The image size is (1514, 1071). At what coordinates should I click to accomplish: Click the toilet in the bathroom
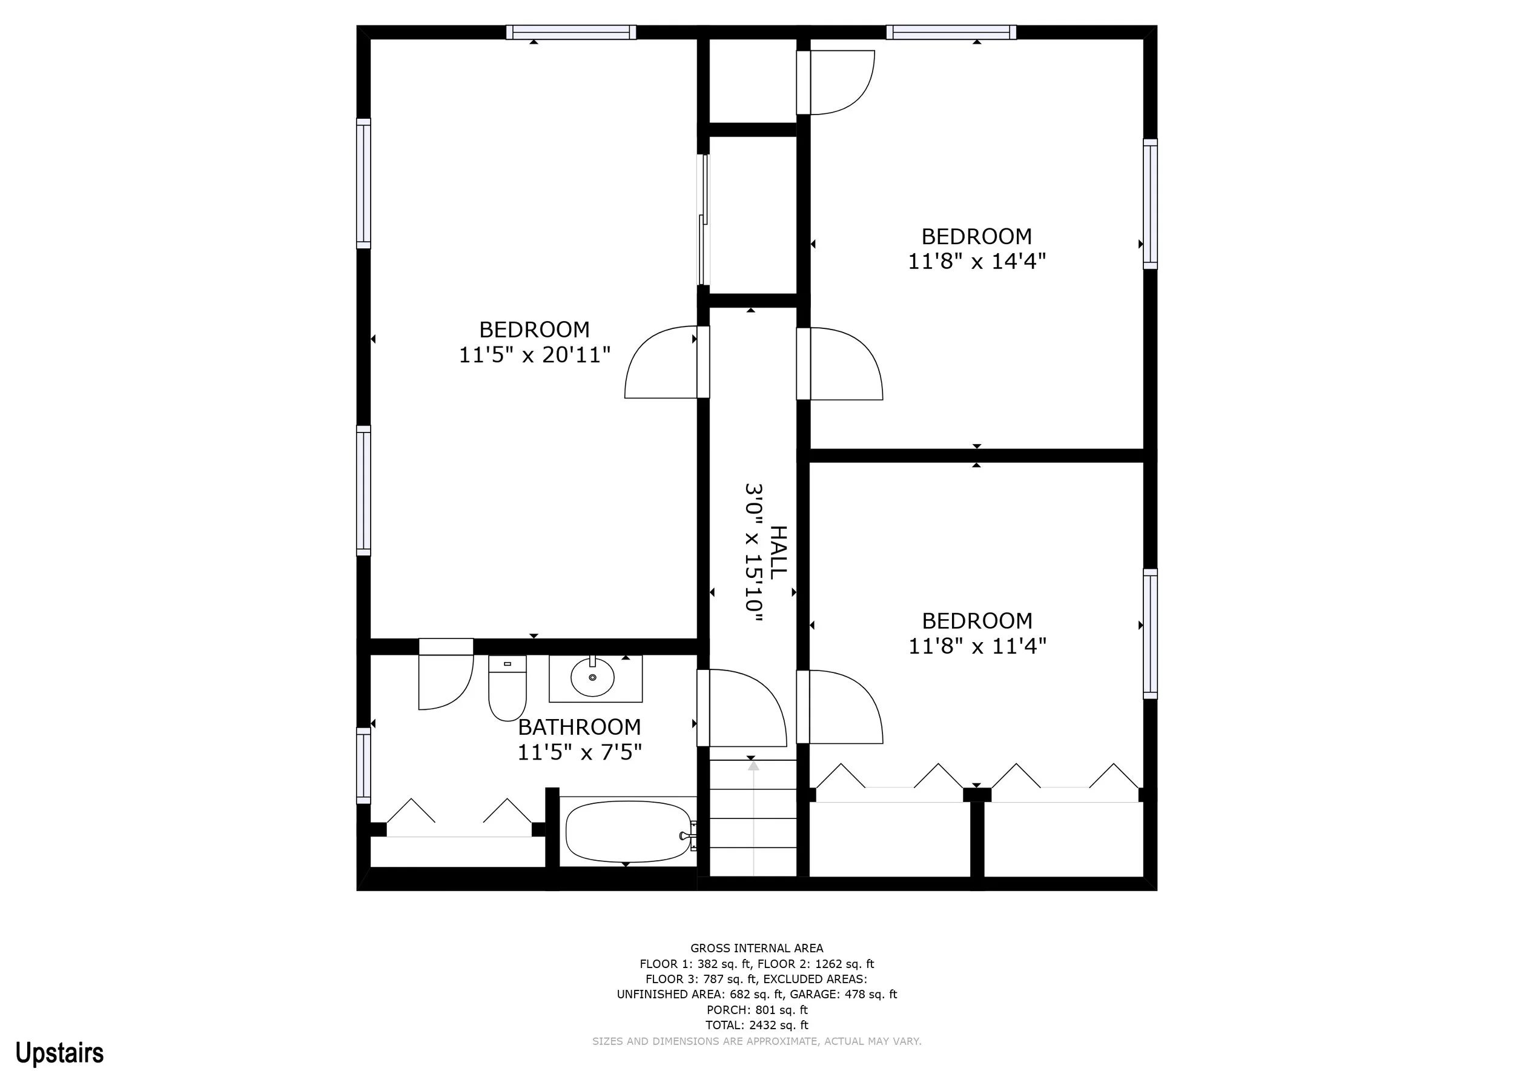coord(507,688)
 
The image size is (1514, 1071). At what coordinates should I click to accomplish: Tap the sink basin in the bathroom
coord(593,677)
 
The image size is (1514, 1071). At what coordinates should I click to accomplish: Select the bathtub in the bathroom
coord(629,832)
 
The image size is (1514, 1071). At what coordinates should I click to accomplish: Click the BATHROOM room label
coord(579,727)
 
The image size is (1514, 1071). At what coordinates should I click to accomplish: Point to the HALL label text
coord(779,552)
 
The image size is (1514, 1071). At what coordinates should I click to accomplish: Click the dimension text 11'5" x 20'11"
coord(534,355)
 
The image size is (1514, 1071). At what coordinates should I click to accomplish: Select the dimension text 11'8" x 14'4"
coord(977,261)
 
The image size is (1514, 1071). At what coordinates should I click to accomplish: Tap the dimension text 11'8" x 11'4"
coord(977,646)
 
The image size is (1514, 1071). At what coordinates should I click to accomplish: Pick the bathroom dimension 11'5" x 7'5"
coord(579,752)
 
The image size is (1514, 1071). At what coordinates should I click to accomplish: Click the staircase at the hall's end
coord(753,818)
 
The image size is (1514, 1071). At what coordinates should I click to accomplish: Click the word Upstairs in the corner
coord(59,1053)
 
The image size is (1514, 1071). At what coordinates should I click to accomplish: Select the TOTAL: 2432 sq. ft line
coord(756,1025)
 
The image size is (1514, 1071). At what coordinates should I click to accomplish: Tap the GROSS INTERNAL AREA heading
coord(756,949)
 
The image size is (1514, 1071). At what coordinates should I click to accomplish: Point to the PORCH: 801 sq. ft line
coord(756,1010)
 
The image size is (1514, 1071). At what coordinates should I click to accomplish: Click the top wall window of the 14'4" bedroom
coord(951,32)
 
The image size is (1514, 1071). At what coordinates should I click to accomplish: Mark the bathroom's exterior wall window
coord(363,766)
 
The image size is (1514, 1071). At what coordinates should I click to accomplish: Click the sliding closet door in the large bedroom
coord(703,220)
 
